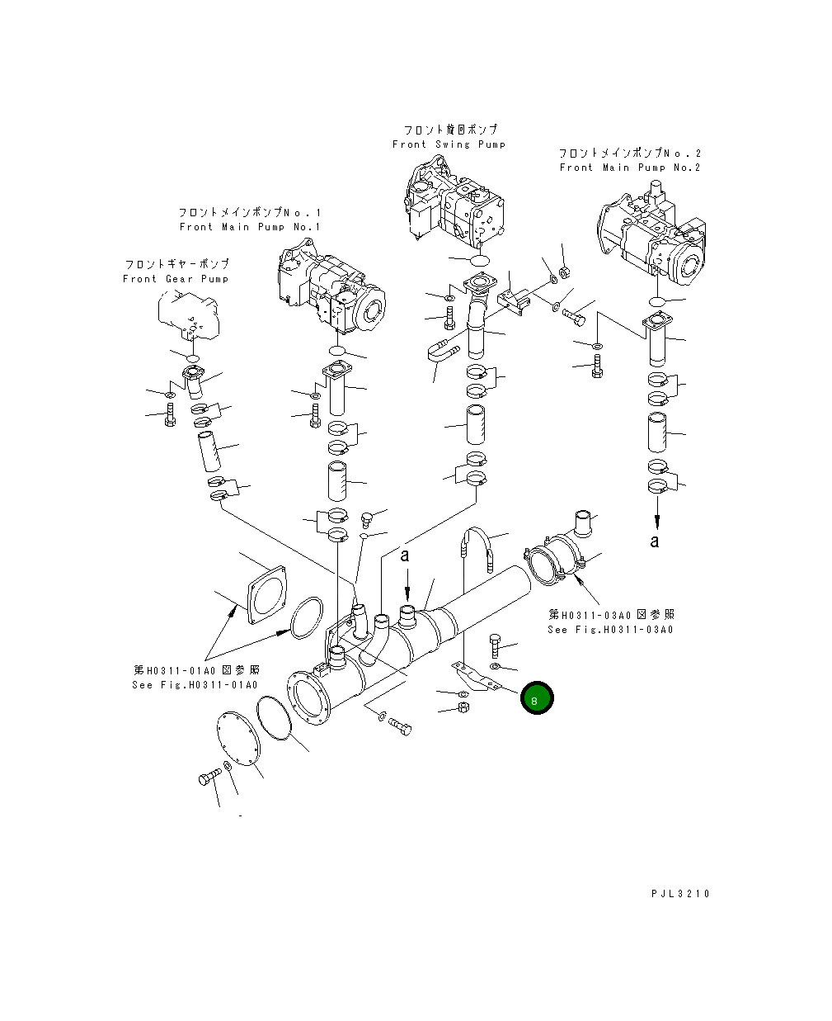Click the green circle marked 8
[537, 699]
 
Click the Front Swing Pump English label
[449, 144]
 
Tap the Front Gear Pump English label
[176, 279]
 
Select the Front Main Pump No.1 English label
[250, 227]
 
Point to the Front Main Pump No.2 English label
[630, 168]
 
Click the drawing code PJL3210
[679, 894]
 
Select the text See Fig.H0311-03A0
[610, 630]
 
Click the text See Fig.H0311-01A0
[195, 685]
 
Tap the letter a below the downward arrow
[655, 541]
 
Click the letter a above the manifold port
[405, 555]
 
